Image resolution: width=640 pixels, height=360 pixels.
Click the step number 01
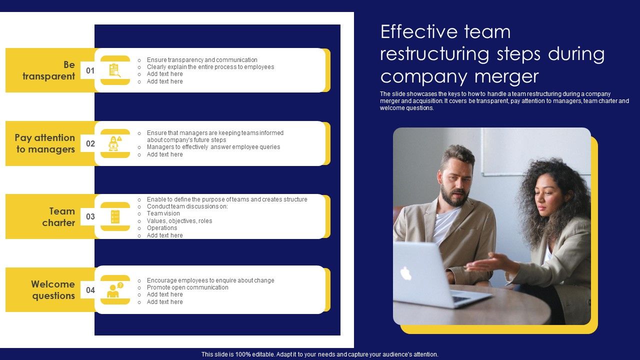pyautogui.click(x=90, y=71)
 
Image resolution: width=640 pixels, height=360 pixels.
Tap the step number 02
pyautogui.click(x=90, y=144)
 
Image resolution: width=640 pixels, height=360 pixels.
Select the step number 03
pyautogui.click(x=90, y=217)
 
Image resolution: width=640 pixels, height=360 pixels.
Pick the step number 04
pyautogui.click(x=90, y=290)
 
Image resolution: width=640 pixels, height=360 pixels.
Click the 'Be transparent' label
pyautogui.click(x=48, y=70)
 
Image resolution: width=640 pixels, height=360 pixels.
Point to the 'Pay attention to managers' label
pyautogui.click(x=45, y=143)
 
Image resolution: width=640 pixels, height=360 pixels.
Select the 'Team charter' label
pyautogui.click(x=58, y=217)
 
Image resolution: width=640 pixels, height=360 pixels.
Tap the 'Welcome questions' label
pyautogui.click(x=53, y=290)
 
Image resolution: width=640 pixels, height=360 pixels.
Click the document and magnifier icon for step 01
pyautogui.click(x=115, y=70)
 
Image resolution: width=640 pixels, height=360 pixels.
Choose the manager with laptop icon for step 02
pyautogui.click(x=115, y=143)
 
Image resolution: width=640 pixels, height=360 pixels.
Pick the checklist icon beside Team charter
pyautogui.click(x=115, y=217)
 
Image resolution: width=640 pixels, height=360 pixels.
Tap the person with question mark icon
pyautogui.click(x=115, y=290)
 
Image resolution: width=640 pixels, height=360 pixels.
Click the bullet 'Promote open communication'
pyautogui.click(x=187, y=287)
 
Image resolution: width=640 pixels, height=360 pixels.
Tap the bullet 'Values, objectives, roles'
pyautogui.click(x=179, y=221)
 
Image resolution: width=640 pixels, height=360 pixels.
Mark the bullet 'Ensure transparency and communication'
pyautogui.click(x=202, y=60)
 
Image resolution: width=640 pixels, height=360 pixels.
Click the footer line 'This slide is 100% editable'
pyautogui.click(x=320, y=354)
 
